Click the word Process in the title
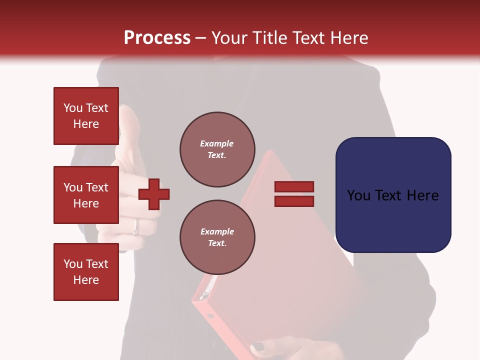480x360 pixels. coord(157,38)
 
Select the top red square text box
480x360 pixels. coord(86,116)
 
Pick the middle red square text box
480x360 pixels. coord(86,195)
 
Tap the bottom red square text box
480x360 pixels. coord(86,271)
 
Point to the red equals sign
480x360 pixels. coord(294,194)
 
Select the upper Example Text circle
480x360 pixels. coord(217,149)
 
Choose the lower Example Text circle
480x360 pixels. coord(217,237)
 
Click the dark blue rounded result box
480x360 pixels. coord(393,195)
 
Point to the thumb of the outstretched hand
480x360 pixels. coord(128,120)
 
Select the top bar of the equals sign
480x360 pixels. coord(294,186)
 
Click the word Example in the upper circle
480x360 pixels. coord(217,143)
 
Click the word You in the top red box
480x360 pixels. coord(72,108)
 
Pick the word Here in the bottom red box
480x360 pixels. coord(86,280)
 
